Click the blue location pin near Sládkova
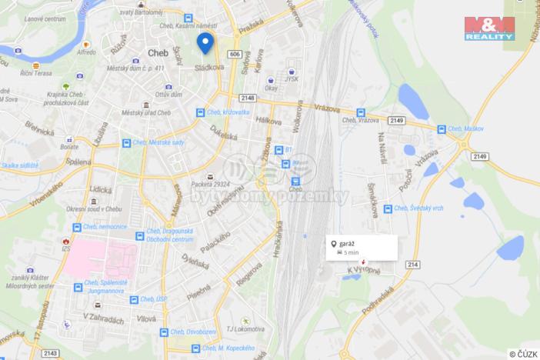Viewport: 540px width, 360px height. (205, 42)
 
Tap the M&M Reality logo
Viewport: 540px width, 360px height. (489, 28)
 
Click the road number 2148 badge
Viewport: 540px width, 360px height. (248, 98)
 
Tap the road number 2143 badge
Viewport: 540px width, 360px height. (51, 352)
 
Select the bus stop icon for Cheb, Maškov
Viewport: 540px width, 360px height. (442, 130)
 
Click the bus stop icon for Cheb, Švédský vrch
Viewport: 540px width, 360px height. (388, 208)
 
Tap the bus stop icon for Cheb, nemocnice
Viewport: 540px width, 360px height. (76, 228)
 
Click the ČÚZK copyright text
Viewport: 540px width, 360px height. (524, 354)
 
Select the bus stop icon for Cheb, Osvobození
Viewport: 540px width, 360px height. (163, 332)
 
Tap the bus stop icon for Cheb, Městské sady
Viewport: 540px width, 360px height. (125, 143)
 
